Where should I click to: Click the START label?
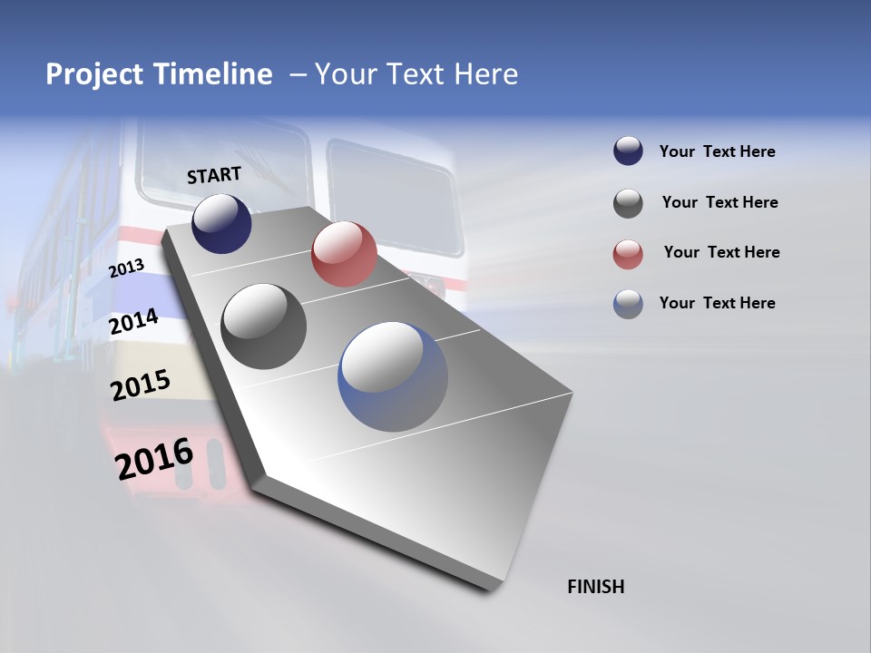[214, 175]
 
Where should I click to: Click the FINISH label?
[595, 587]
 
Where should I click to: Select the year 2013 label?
[126, 268]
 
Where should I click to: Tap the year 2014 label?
[134, 321]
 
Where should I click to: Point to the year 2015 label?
[141, 385]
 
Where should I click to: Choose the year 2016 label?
[154, 459]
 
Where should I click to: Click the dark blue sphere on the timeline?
[221, 224]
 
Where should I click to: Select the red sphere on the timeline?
[344, 254]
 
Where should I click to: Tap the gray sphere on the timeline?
[264, 326]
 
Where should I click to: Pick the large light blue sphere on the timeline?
[393, 376]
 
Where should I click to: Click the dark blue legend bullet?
[628, 151]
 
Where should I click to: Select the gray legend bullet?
[628, 203]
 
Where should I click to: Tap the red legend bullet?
[628, 254]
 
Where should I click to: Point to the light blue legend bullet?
[628, 304]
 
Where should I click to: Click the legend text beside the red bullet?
[721, 252]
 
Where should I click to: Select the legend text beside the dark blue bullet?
[717, 151]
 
